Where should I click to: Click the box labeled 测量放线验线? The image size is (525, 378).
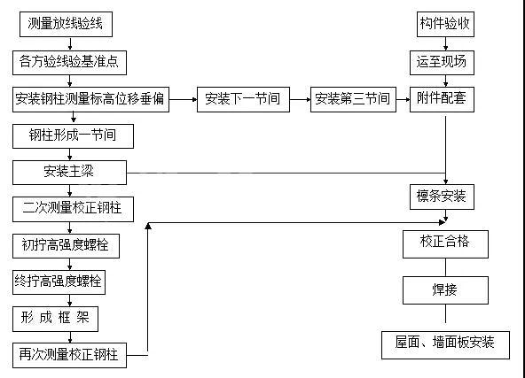coord(66,25)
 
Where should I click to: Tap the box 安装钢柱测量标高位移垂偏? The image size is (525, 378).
coord(90,98)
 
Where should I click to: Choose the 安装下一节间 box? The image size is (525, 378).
coord(242,98)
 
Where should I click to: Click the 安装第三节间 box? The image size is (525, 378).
coord(352,98)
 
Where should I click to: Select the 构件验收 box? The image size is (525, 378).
coord(446,25)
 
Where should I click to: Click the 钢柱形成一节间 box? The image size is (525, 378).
coord(75,135)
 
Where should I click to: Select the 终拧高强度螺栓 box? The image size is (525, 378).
coord(60,282)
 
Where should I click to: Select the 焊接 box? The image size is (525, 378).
coord(446,289)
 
